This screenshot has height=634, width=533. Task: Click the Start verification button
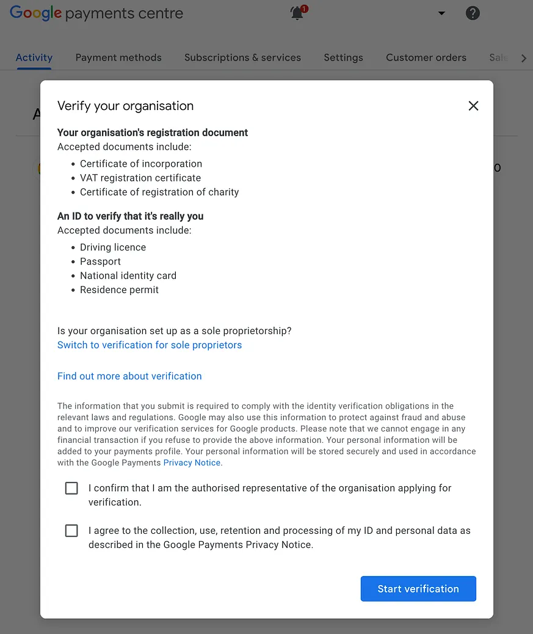coord(418,589)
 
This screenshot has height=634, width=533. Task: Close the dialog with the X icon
coord(473,106)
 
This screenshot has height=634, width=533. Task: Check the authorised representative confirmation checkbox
coord(71,488)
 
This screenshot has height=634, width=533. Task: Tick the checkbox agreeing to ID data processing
coord(71,531)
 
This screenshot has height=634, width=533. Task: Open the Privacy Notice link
coord(192,463)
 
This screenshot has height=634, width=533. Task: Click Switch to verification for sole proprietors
coord(150,345)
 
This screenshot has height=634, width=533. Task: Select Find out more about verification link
coord(129,376)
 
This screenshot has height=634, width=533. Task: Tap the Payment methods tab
coord(118,57)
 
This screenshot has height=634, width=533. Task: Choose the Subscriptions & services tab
coord(242,57)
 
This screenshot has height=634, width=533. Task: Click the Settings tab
coord(343,57)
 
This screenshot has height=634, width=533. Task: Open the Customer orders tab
coord(426,57)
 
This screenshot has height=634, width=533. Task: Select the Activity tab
coord(34,57)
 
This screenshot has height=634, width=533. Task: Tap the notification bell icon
coord(297,13)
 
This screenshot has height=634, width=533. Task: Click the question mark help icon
coord(473,13)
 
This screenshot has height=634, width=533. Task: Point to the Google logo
coord(36,13)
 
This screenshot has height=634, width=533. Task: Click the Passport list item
coord(100,261)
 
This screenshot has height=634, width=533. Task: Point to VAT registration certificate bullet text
coord(140,178)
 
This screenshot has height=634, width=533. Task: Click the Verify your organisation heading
coord(125,106)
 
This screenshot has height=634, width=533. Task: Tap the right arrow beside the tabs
coord(523,58)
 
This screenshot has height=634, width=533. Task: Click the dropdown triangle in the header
coord(441,13)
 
